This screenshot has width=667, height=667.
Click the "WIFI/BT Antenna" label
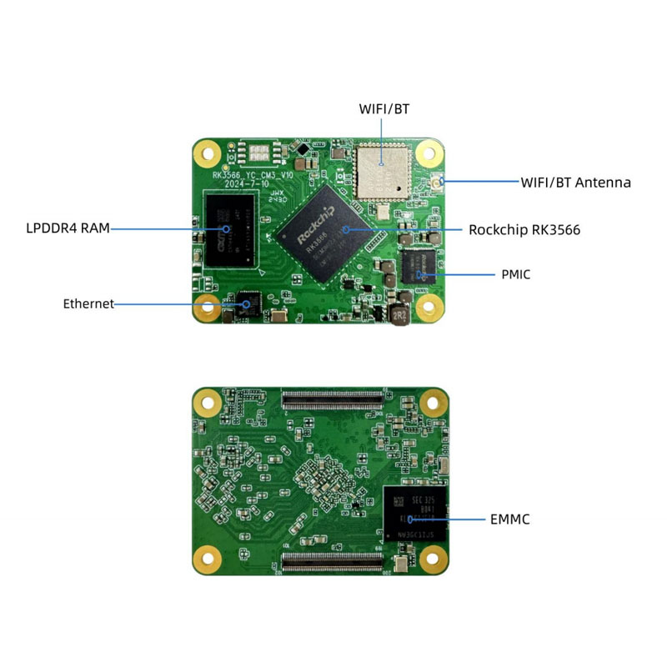pos(575,182)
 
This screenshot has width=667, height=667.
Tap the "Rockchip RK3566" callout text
pos(524,229)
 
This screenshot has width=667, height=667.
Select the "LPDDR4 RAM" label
pos(68,228)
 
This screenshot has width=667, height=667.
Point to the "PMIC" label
pos(516,273)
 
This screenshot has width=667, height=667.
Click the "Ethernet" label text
pos(88,303)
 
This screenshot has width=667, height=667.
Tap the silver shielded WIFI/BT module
pos(381,171)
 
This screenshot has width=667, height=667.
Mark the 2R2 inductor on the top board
pos(399,316)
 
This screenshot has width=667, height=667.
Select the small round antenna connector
pos(436,181)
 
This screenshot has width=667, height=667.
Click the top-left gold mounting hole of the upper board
pos(207,153)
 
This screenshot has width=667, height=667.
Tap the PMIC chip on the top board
pos(419,267)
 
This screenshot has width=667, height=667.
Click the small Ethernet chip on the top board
pos(248,301)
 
